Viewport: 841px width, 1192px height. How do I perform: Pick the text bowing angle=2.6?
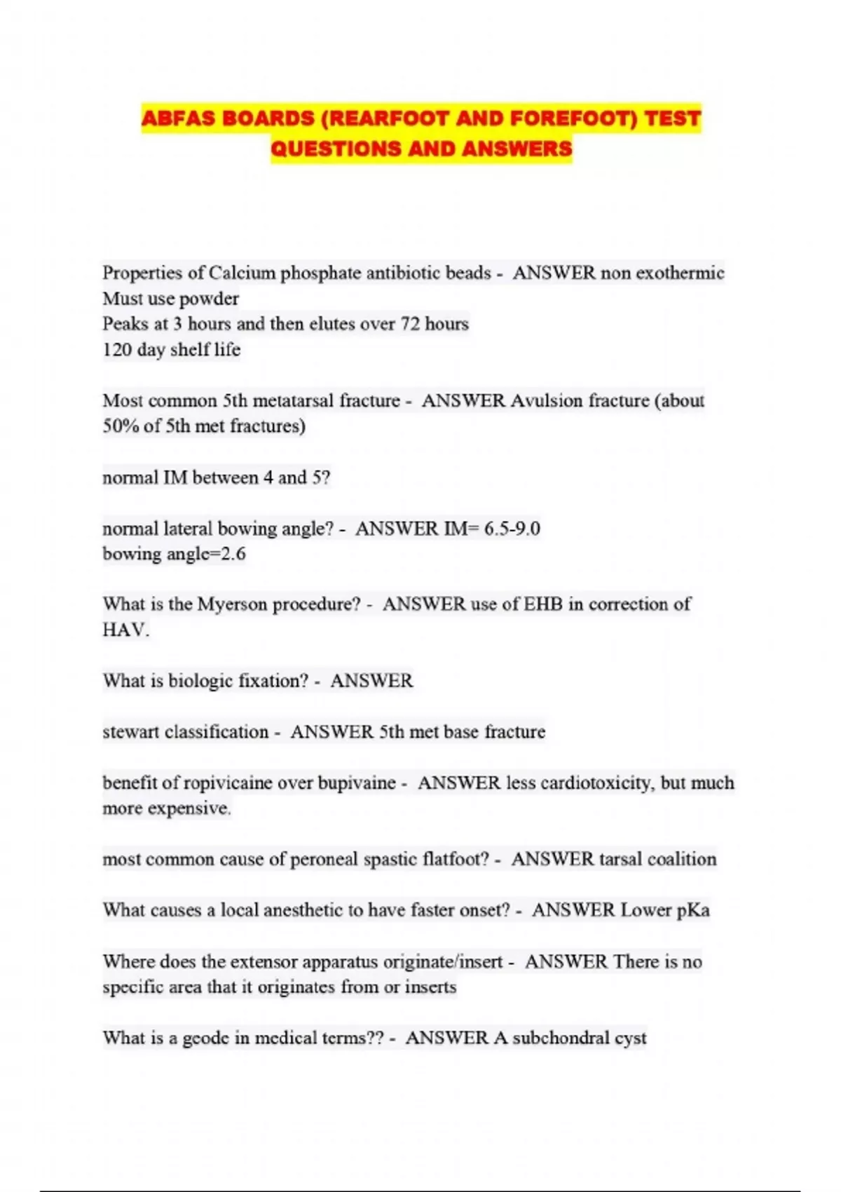click(x=174, y=554)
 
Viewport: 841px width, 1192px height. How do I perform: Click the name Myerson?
click(x=232, y=604)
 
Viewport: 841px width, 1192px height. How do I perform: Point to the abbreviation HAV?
click(x=125, y=630)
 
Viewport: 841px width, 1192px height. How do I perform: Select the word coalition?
click(x=681, y=859)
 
